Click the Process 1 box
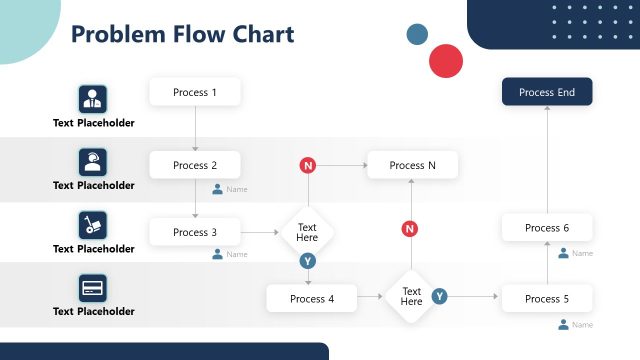pyautogui.click(x=195, y=92)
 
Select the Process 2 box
pyautogui.click(x=195, y=165)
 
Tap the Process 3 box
pyautogui.click(x=195, y=232)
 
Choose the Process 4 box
pyautogui.click(x=311, y=298)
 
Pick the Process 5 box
pyautogui.click(x=547, y=298)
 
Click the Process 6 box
pyautogui.click(x=547, y=228)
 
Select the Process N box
pyautogui.click(x=412, y=165)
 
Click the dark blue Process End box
pyautogui.click(x=547, y=92)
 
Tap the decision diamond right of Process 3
pyautogui.click(x=307, y=233)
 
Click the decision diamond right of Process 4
pyautogui.click(x=412, y=297)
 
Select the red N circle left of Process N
pyautogui.click(x=308, y=165)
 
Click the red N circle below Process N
pyautogui.click(x=410, y=229)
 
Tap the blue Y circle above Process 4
pyautogui.click(x=308, y=261)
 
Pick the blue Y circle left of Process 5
pyautogui.click(x=439, y=296)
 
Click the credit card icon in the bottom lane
pyautogui.click(x=93, y=288)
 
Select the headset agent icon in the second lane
pyautogui.click(x=93, y=162)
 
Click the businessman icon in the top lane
pyautogui.click(x=93, y=99)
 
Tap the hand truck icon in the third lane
pyautogui.click(x=93, y=225)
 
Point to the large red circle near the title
pyautogui.click(x=446, y=61)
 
